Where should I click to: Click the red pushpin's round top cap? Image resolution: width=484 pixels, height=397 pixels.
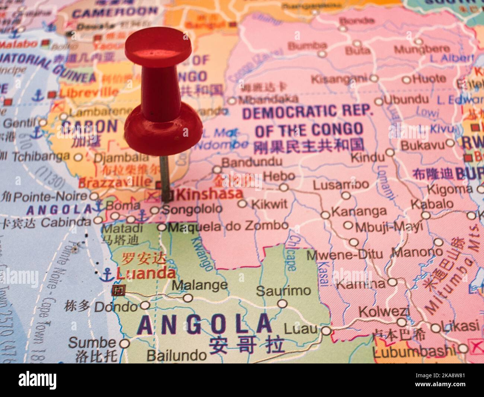[158, 48]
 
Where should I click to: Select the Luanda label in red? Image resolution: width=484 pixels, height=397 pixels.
[146, 274]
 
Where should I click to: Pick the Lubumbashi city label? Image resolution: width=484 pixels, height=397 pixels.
[414, 351]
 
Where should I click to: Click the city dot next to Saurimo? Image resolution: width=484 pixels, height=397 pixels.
[283, 304]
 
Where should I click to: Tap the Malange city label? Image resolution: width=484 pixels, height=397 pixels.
[200, 285]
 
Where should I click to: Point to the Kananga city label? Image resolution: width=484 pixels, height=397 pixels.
[359, 212]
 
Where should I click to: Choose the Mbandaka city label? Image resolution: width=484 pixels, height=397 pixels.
[268, 99]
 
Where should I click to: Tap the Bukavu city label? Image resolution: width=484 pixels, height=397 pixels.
[422, 145]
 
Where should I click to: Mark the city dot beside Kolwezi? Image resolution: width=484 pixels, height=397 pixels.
[402, 322]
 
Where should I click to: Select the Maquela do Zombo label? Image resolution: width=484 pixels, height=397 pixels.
[228, 226]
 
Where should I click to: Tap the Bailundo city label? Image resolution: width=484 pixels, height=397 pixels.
[176, 355]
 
